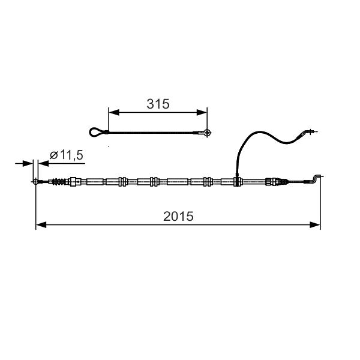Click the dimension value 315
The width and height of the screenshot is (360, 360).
158,104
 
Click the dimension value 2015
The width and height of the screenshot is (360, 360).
178,216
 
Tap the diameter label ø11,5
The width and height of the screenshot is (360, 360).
67,155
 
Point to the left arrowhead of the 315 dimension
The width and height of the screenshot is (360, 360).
114,112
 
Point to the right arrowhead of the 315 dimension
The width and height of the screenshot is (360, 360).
202,112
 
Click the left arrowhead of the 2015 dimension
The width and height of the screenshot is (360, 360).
41,225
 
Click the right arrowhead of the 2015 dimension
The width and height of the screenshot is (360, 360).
315,225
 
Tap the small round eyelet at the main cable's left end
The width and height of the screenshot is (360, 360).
35,182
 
